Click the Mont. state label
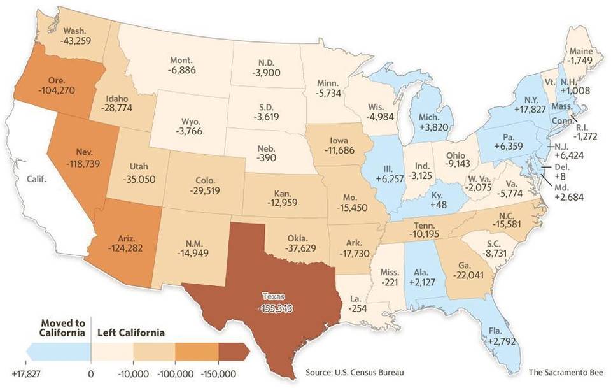point(180,60)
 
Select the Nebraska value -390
point(266,157)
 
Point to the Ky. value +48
point(437,204)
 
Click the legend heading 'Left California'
point(130,333)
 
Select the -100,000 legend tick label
point(175,373)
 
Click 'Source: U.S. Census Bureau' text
point(355,372)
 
